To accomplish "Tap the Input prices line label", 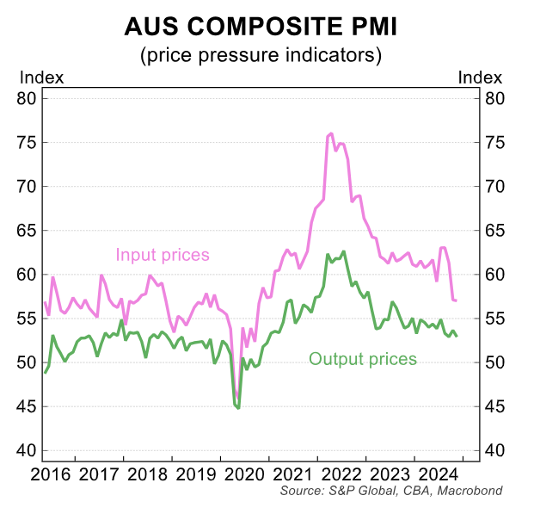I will [163, 255].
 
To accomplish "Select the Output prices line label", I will [362, 359].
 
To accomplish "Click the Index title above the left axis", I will [41, 77].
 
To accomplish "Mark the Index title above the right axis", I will [480, 77].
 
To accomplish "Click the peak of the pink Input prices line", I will [331, 133].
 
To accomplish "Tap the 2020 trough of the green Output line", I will [237, 407].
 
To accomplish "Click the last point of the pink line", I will [456, 300].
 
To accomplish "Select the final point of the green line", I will [456, 336].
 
